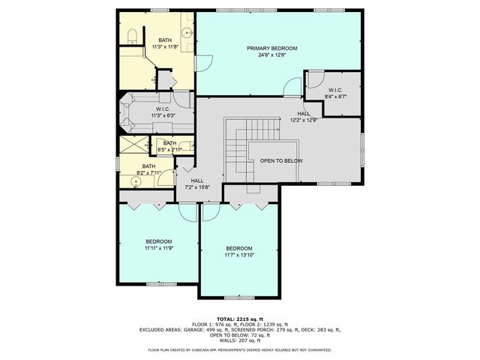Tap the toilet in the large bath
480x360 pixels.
tap(130, 34)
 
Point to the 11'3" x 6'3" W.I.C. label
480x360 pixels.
tap(164, 109)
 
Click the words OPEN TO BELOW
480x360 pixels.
tap(281, 160)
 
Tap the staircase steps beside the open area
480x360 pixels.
tap(236, 146)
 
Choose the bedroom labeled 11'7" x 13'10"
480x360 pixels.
tap(239, 251)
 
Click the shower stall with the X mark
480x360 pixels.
tap(133, 145)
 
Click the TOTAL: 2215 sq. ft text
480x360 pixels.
tap(239, 318)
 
